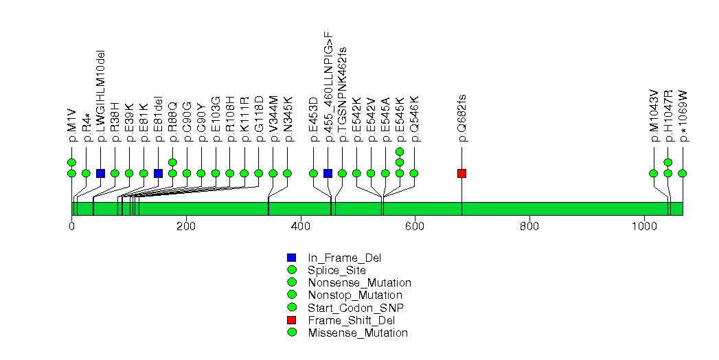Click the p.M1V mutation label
pos(71,127)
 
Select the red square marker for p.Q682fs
pos(461,173)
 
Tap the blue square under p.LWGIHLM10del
pos(100,173)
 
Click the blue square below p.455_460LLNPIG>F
pos(328,173)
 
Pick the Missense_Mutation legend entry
pos(358,333)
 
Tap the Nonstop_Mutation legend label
pos(355,295)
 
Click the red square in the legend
pos(291,320)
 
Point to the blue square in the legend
pos(291,258)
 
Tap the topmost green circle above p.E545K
pos(400,151)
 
